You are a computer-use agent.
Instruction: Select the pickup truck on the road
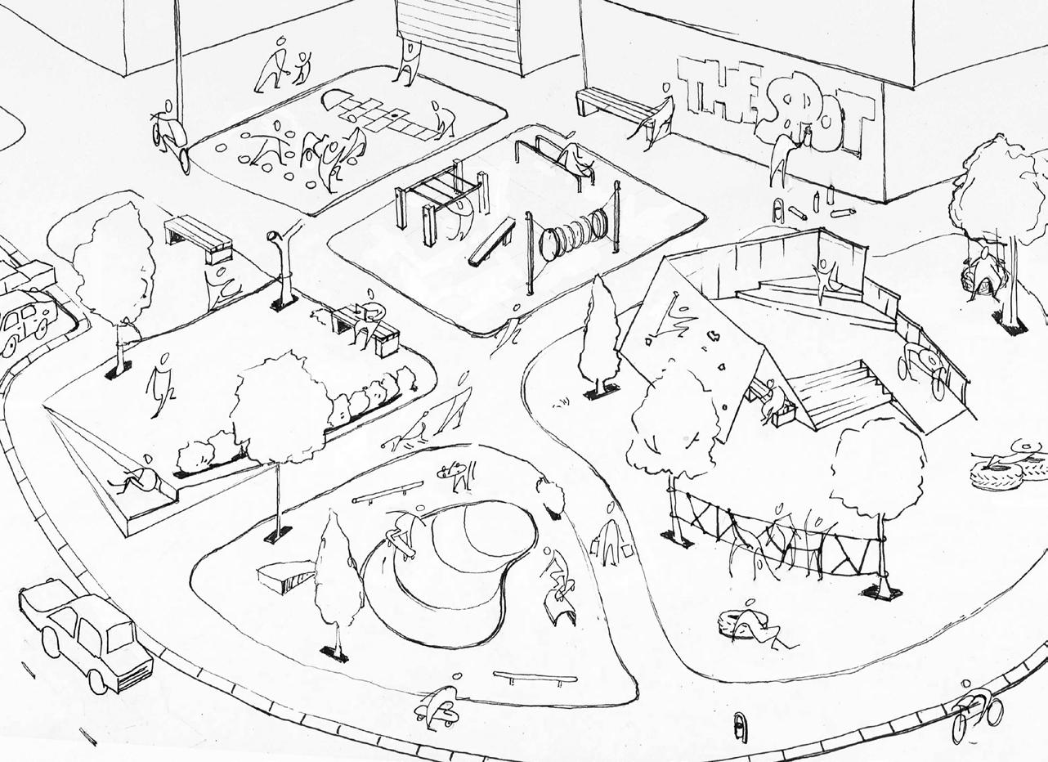coord(86,634)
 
